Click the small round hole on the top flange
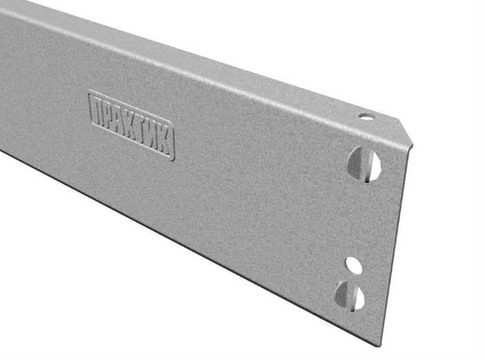click(x=366, y=117)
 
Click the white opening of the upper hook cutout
click(x=374, y=166)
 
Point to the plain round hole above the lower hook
click(x=353, y=266)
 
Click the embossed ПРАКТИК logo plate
click(x=132, y=125)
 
